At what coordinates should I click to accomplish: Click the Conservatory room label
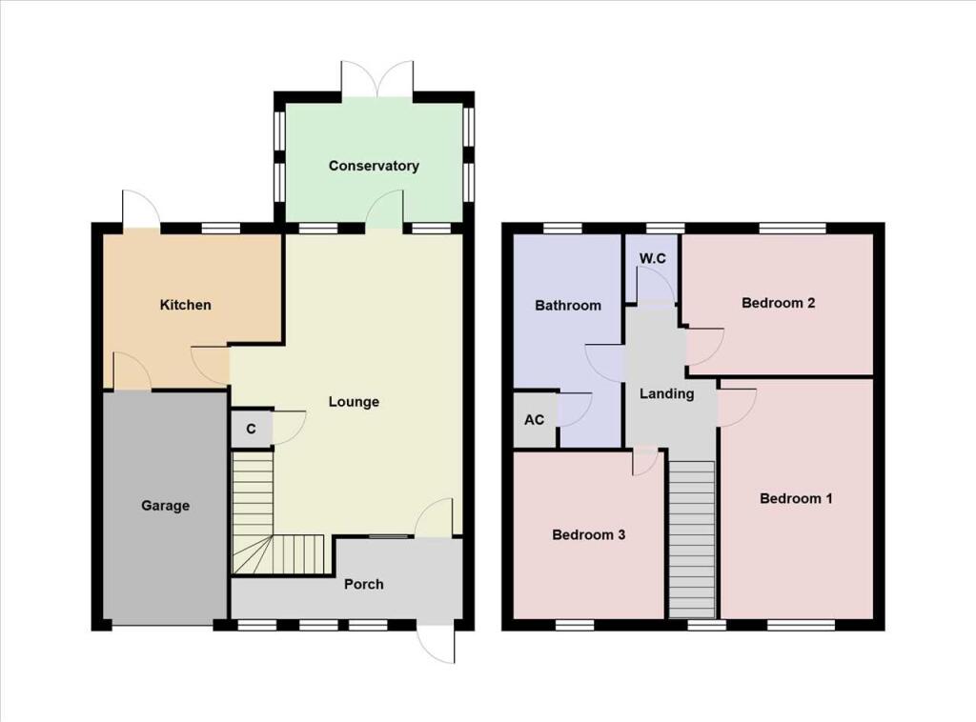(x=374, y=166)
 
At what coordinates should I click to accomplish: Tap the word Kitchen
(x=185, y=305)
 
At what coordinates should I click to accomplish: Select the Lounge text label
(x=354, y=402)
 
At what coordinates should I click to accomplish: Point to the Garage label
(x=166, y=506)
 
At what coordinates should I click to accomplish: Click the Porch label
(x=364, y=584)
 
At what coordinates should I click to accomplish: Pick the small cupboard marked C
(x=251, y=429)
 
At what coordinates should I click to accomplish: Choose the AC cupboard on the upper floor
(x=535, y=419)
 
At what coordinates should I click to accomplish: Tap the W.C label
(x=652, y=258)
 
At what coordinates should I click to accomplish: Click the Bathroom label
(x=568, y=306)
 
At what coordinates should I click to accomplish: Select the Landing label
(x=666, y=393)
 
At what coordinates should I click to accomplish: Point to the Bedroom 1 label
(x=796, y=498)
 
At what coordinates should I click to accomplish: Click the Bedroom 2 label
(x=778, y=304)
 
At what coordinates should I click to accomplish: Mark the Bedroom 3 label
(x=588, y=534)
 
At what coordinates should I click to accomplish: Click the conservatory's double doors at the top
(x=377, y=79)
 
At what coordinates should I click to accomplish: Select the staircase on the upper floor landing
(x=692, y=538)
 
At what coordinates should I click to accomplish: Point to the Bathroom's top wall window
(x=562, y=228)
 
